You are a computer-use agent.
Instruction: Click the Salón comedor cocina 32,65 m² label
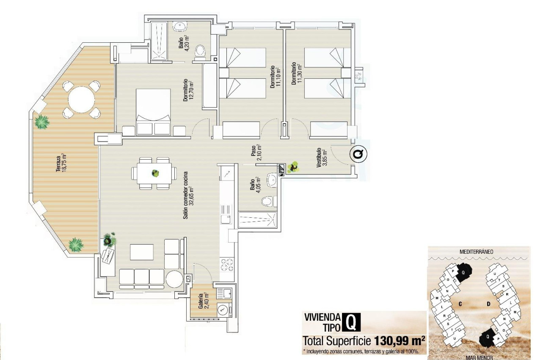tap(188, 196)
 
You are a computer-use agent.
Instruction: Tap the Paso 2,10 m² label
tap(256, 151)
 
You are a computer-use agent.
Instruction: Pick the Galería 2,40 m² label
tap(204, 301)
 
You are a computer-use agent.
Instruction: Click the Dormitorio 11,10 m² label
tap(276, 77)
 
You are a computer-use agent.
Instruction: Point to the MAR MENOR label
tap(479, 357)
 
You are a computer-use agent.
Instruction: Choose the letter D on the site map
tap(488, 304)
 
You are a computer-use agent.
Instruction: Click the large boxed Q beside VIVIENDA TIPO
tap(351, 322)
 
